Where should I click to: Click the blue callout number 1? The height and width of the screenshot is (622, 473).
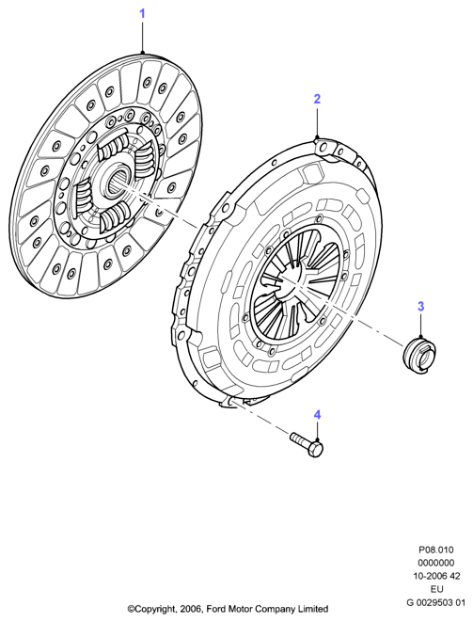142,14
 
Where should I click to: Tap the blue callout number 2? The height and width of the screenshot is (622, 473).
317,99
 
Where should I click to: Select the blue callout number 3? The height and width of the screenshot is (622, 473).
420,306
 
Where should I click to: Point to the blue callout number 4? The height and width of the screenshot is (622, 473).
317,415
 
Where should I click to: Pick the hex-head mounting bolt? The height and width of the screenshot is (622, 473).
307,445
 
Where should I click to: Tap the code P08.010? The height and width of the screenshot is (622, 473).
435,550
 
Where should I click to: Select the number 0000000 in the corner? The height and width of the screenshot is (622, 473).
435,563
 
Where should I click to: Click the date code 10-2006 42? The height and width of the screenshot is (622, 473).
435,576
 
